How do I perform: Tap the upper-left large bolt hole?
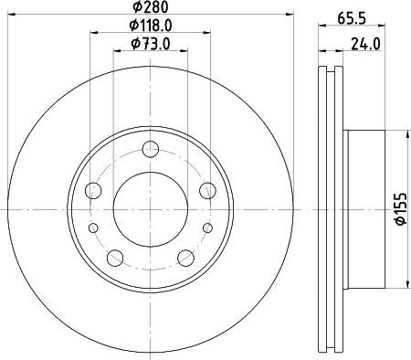(94, 190)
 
